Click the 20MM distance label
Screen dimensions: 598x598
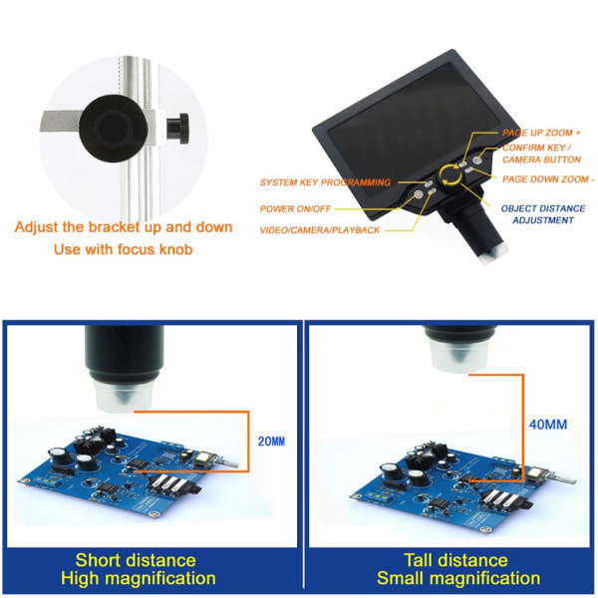tap(271, 442)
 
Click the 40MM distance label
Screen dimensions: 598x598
tap(548, 425)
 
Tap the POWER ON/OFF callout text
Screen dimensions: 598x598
tap(295, 209)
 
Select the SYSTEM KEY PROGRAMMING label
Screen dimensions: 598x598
tap(325, 182)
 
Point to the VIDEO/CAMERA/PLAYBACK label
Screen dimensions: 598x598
tap(320, 230)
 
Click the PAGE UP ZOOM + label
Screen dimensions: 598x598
tap(541, 133)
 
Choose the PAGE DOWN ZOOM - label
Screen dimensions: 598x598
tap(548, 179)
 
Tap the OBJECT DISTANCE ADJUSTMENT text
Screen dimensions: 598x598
tap(543, 214)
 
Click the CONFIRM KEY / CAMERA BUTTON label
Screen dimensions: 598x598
tap(541, 153)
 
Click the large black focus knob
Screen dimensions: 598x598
tap(114, 129)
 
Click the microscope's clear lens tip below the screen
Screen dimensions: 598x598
tap(493, 254)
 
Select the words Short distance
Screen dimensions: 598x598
tap(136, 560)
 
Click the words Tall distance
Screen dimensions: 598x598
tap(455, 560)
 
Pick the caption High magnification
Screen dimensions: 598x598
tap(139, 578)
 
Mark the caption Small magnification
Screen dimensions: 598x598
tap(458, 578)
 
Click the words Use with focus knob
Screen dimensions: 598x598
tap(123, 249)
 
